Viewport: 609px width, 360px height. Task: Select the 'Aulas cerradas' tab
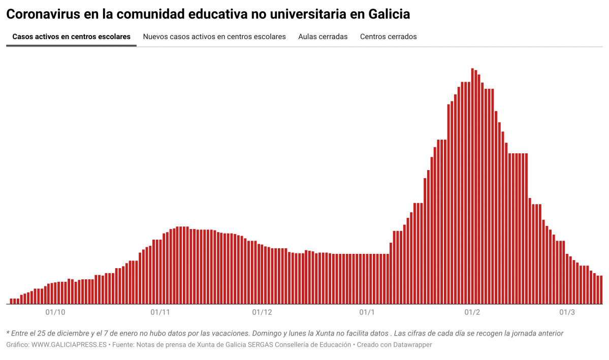click(323, 37)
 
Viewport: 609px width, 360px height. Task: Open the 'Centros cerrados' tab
click(388, 37)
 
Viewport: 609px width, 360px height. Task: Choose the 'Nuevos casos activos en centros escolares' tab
click(214, 37)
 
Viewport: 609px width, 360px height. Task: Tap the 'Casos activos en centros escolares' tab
click(71, 37)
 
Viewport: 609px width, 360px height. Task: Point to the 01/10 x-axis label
click(55, 312)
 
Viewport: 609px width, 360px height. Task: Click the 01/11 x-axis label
click(161, 312)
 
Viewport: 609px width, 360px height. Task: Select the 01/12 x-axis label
click(262, 312)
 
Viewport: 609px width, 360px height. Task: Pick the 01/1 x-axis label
click(367, 312)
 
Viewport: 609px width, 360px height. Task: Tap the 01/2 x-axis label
click(472, 312)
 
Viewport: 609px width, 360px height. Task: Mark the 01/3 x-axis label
click(567, 312)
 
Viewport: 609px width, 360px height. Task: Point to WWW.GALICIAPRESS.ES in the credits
click(69, 345)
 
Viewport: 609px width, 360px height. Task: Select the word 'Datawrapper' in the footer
click(413, 345)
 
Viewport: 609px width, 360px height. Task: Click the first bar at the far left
click(12, 301)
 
